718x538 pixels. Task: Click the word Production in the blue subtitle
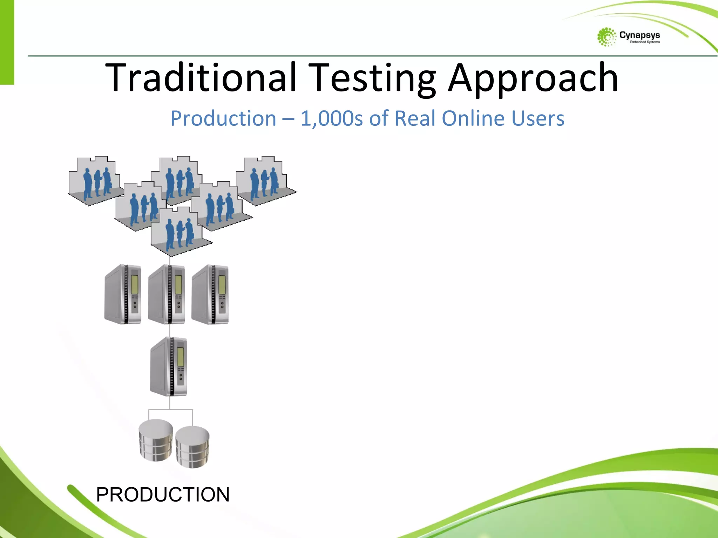pos(223,118)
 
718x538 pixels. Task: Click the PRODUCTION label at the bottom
pos(163,495)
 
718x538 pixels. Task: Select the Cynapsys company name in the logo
pos(639,35)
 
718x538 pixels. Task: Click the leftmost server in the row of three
pos(123,294)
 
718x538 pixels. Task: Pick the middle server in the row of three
pos(167,294)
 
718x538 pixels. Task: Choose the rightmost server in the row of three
pos(210,294)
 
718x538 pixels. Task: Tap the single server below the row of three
pos(169,366)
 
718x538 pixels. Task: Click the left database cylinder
pos(156,440)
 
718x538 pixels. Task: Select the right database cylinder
pos(192,447)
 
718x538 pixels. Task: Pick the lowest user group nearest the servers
pos(179,231)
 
